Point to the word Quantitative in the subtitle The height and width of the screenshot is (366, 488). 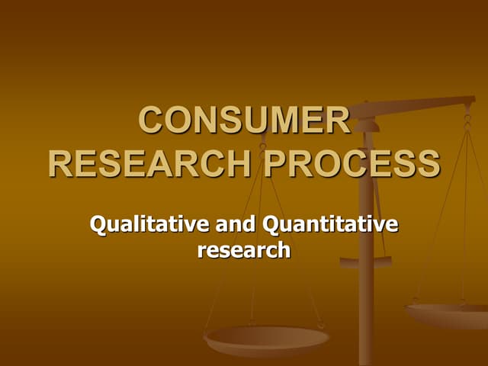(329, 225)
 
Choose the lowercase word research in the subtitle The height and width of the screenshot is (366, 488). (244, 249)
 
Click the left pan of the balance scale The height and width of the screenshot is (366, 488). (266, 337)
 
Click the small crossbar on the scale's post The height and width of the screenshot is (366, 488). (366, 262)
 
